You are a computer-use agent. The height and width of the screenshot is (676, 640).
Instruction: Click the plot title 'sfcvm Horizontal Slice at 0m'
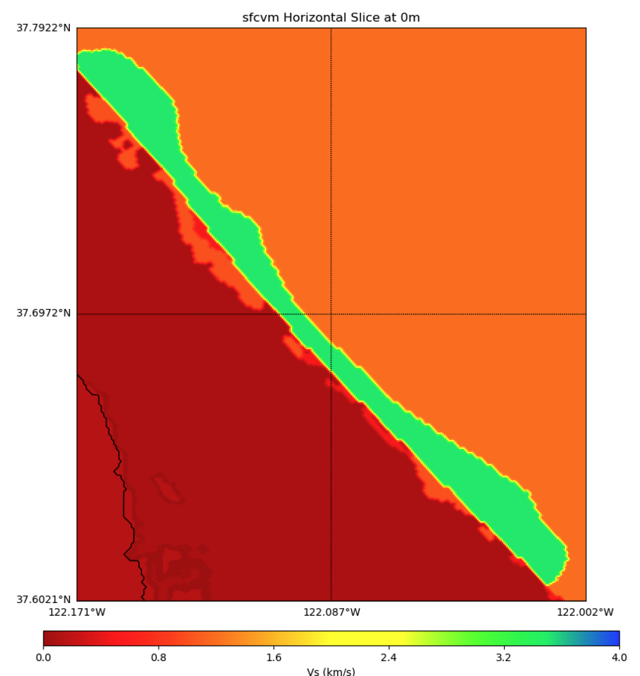(331, 17)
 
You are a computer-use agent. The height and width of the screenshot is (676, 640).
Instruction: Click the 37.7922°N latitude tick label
(44, 29)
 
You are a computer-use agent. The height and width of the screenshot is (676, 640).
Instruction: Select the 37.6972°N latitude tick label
(44, 314)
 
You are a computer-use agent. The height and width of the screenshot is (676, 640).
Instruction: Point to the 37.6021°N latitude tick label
(44, 599)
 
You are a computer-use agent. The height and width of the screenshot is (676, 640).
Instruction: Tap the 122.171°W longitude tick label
(77, 612)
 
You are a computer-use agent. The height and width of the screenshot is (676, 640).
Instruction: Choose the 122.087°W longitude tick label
(331, 612)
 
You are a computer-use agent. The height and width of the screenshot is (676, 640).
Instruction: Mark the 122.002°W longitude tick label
(585, 612)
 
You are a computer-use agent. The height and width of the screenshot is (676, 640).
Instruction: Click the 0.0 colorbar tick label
(44, 657)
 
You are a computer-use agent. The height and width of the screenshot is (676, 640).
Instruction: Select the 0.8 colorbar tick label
(158, 657)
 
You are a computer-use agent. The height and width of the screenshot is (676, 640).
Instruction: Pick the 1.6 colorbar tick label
(273, 657)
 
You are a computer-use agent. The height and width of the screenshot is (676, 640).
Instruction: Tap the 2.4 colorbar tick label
(388, 657)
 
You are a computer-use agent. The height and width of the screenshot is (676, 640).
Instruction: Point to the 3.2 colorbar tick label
(503, 657)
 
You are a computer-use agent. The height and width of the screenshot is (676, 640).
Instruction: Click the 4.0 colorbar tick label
(618, 657)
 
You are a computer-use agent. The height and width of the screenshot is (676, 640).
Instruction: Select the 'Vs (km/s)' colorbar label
(331, 671)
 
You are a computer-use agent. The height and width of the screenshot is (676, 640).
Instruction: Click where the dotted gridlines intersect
(331, 314)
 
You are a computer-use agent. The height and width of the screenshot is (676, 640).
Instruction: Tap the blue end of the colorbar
(612, 638)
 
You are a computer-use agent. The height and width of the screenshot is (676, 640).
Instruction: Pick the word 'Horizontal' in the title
(307, 17)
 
